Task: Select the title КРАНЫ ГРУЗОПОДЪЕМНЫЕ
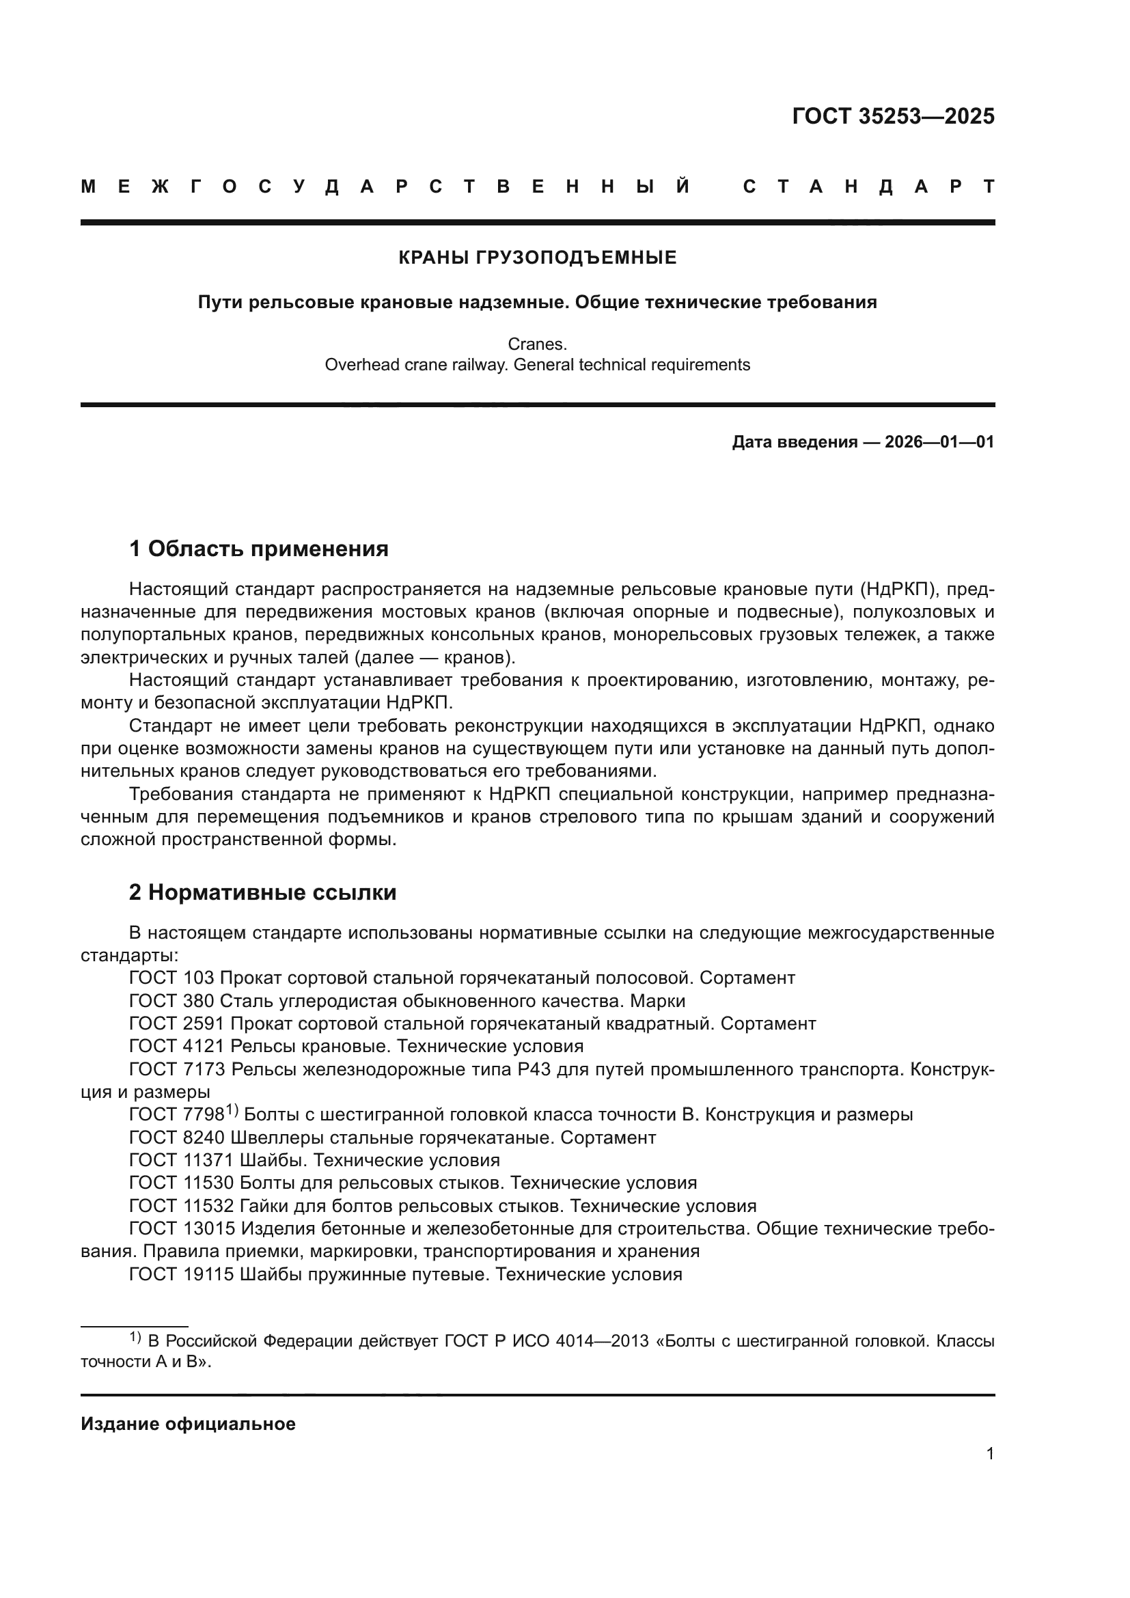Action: pos(537,258)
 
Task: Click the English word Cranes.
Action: pos(537,344)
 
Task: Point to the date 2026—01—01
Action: pos(939,442)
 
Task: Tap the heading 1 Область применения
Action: pos(258,549)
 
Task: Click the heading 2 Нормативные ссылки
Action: pos(262,892)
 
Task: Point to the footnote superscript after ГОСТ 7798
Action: pos(232,1111)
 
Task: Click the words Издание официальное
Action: pos(188,1424)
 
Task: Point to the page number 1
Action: pos(989,1453)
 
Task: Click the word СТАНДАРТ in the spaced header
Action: pos(869,187)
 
